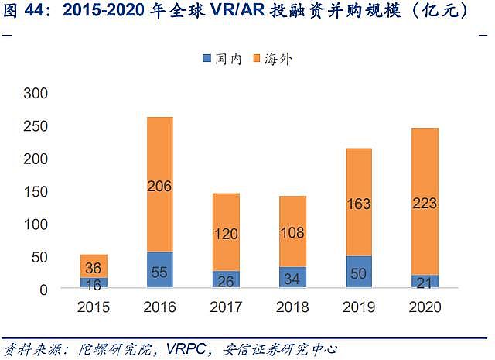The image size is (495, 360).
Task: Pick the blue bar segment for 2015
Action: click(94, 283)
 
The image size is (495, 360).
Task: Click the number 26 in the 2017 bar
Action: click(226, 279)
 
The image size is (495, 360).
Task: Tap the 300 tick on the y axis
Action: click(37, 93)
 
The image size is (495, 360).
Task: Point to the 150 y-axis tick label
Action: click(37, 191)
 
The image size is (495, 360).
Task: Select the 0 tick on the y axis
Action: click(43, 289)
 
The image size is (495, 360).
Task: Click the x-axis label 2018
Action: click(292, 307)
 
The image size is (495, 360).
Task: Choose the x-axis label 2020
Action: click(424, 307)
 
